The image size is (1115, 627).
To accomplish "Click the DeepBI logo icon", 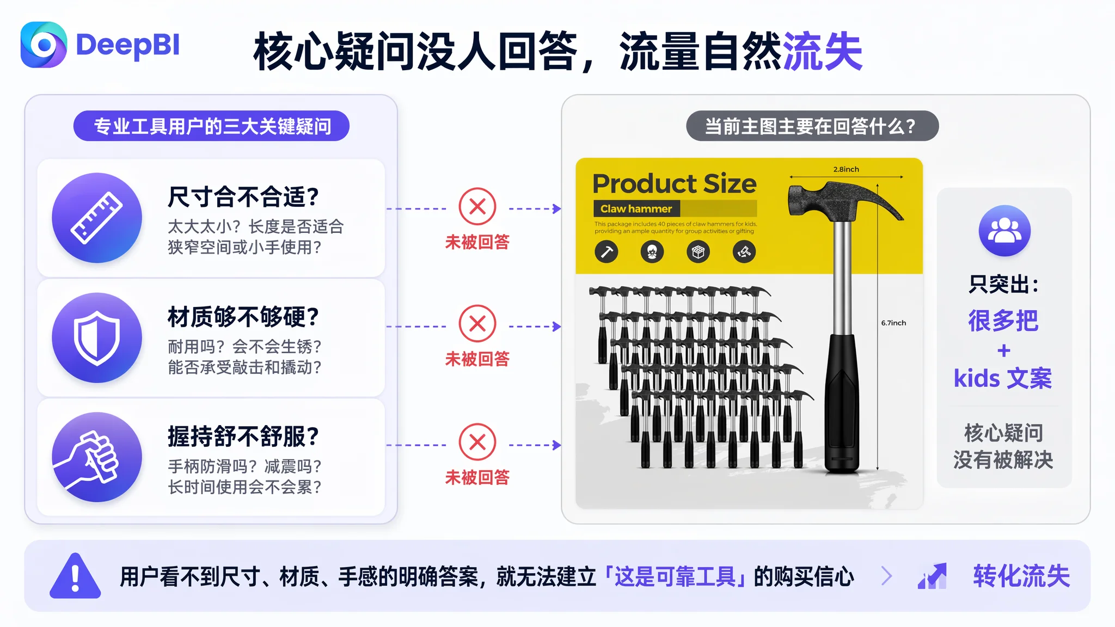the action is [44, 45].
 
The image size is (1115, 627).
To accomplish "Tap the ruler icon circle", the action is [97, 218].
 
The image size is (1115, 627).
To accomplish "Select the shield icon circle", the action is [97, 337].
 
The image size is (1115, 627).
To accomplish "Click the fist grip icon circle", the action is [97, 457].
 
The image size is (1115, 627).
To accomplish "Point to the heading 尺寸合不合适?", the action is [243, 197].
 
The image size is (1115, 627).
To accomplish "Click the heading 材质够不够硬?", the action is [243, 317].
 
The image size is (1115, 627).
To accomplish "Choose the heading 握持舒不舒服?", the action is [243, 437].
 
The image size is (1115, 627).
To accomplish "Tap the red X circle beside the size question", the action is [477, 207].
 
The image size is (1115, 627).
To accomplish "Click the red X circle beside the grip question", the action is [477, 442].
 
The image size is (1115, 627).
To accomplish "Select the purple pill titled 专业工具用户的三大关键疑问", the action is [211, 126].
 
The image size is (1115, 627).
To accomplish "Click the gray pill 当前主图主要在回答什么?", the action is [812, 126].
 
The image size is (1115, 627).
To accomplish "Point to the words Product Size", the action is [675, 184].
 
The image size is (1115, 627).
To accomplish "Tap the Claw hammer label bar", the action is [675, 208].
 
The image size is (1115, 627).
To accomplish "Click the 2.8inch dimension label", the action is [846, 169].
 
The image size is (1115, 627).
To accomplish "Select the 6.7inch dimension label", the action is [893, 323].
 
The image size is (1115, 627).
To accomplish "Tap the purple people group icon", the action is [1004, 231].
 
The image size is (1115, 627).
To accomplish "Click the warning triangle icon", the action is [75, 576].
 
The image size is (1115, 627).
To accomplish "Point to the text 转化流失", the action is [1021, 576].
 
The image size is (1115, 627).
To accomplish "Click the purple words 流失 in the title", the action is [823, 52].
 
